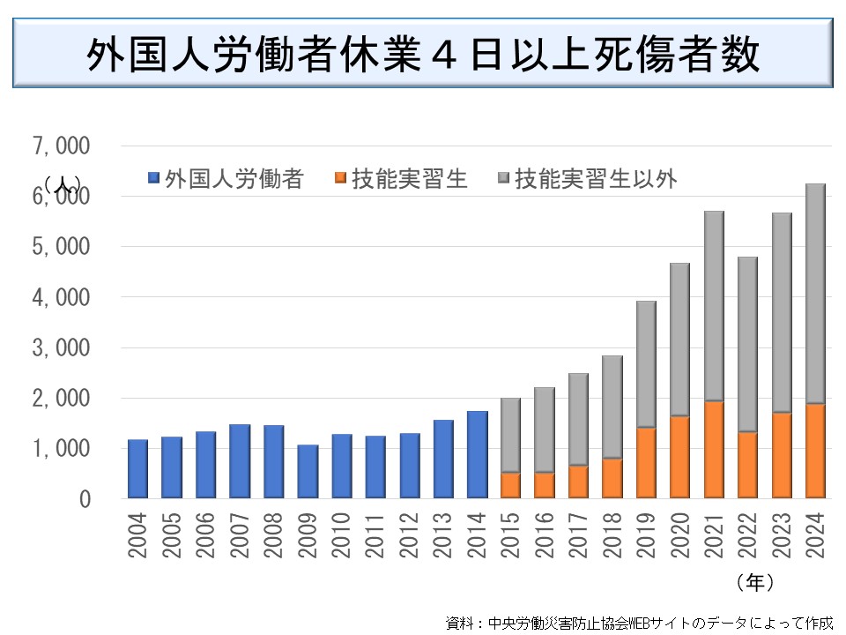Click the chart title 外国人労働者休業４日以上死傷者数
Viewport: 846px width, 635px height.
tap(423, 56)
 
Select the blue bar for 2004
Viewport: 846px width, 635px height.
tap(137, 469)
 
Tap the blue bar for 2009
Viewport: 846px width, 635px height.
tap(308, 472)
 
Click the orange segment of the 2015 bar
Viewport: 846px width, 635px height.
tap(511, 486)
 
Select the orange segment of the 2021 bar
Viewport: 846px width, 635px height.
tap(714, 450)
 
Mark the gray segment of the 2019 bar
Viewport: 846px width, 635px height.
tap(647, 364)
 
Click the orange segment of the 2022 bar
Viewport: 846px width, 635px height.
tap(748, 465)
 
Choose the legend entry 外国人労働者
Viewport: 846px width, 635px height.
tap(227, 179)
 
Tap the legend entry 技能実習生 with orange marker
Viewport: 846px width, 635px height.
tap(400, 179)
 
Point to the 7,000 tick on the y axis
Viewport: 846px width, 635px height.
tap(62, 146)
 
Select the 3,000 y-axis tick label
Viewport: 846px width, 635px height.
tap(62, 347)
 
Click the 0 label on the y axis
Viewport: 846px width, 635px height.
tap(85, 499)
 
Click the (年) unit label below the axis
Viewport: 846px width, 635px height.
tap(755, 582)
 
